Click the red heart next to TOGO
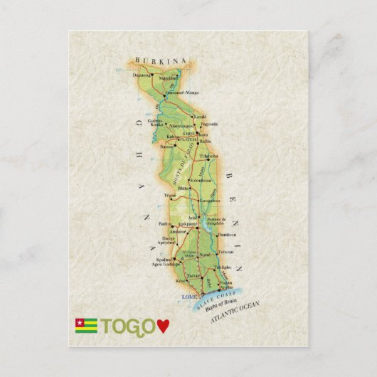tap(164, 326)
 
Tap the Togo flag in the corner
tap(86, 326)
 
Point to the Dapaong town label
tap(142, 74)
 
